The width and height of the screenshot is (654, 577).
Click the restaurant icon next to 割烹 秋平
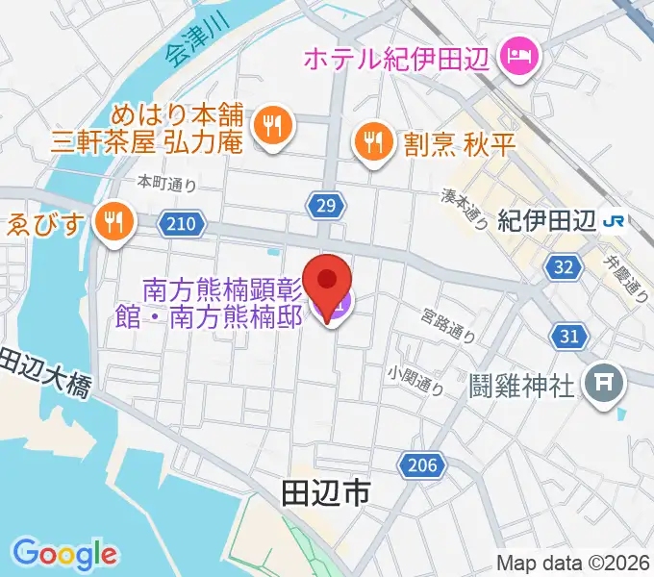(x=371, y=143)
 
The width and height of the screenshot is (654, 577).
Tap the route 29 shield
(x=325, y=204)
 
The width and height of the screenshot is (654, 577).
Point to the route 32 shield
(x=565, y=266)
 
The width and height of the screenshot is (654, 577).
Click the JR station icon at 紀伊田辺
(x=612, y=221)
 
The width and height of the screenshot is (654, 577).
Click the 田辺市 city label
(x=326, y=495)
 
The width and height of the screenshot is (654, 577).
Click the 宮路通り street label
(x=448, y=326)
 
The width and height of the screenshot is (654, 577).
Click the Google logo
(x=64, y=555)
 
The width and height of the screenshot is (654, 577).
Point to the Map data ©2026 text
(x=573, y=563)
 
